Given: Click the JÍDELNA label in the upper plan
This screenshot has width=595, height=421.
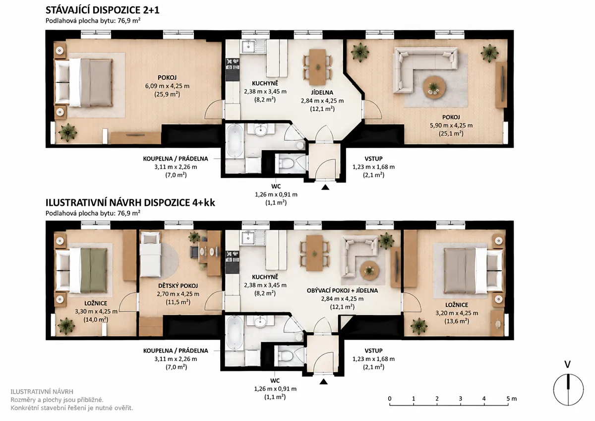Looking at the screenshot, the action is [322, 92].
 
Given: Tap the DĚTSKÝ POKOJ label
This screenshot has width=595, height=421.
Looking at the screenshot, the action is [178, 286].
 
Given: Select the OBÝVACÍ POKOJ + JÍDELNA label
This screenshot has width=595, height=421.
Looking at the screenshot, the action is [342, 291].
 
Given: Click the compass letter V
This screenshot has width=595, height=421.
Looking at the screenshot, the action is [567, 364].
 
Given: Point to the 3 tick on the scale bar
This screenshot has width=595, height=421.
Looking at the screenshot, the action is [460, 404].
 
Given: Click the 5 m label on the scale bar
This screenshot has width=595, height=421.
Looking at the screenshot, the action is [512, 399].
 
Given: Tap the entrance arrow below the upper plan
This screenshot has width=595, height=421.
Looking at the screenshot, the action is [325, 187].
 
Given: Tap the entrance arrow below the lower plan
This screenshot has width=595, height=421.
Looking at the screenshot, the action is [323, 382].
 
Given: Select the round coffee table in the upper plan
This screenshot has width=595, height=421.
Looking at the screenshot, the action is [434, 87].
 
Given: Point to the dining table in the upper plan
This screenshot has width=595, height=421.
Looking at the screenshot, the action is [318, 66].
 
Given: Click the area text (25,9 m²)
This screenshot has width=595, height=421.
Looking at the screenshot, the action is [167, 94].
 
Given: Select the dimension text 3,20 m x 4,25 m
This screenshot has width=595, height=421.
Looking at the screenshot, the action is [457, 313].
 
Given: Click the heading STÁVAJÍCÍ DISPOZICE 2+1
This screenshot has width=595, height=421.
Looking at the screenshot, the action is [103, 10].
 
